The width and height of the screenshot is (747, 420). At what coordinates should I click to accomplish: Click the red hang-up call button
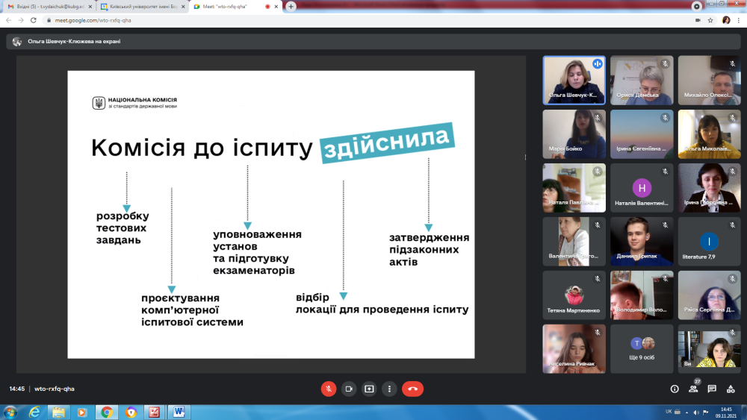[x=412, y=389]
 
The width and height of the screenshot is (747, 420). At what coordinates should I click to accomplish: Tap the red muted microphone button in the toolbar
[x=329, y=389]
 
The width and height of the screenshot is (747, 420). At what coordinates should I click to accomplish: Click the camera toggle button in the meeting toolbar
[x=349, y=389]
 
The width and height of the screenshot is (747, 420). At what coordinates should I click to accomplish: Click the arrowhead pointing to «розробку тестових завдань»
[x=127, y=209]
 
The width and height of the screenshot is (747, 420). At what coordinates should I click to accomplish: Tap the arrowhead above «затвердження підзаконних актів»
[x=429, y=228]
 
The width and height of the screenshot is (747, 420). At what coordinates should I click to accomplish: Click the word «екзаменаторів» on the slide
[x=254, y=270]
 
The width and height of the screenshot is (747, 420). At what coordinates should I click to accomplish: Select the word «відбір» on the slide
[x=312, y=297]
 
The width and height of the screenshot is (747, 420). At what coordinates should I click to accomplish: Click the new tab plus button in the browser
[x=291, y=6]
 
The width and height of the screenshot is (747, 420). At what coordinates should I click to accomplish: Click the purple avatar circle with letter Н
[x=642, y=188]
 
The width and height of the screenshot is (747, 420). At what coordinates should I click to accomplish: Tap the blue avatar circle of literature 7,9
[x=709, y=241]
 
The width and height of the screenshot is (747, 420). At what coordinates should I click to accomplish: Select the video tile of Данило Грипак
[x=642, y=242]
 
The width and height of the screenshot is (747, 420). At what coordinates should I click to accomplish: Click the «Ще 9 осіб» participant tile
[x=642, y=349]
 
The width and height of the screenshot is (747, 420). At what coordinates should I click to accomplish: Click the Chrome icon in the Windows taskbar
[x=107, y=412]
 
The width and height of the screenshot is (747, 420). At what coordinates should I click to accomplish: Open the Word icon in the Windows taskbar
[x=179, y=412]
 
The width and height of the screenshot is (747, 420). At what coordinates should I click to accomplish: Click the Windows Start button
[x=10, y=412]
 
